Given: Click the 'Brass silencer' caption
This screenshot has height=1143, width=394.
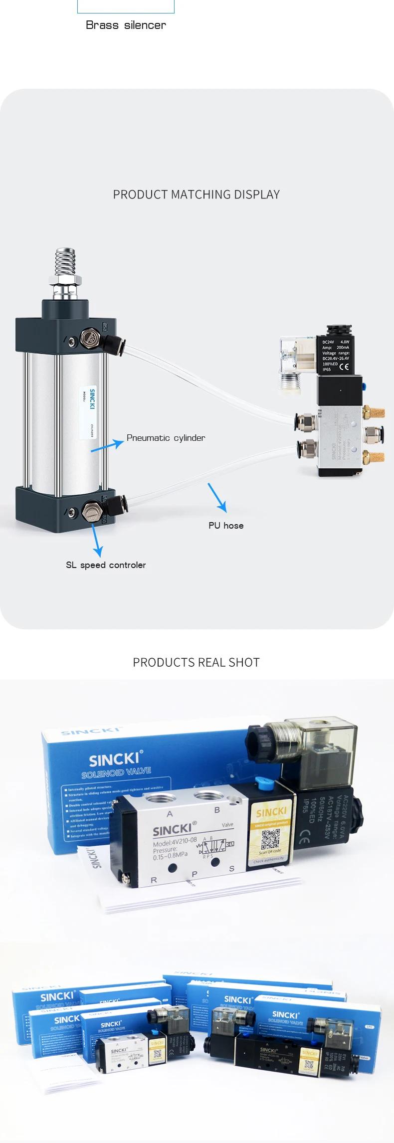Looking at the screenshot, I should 126,25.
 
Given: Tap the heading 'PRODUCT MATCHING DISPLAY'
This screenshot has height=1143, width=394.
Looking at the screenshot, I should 197,194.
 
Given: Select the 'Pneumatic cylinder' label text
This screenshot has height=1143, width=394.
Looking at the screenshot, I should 166,438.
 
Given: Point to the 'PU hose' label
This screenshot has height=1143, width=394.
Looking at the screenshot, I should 226,526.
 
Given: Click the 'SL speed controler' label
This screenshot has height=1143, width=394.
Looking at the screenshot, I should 106,565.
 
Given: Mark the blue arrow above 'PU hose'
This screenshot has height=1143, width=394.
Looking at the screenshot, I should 217,497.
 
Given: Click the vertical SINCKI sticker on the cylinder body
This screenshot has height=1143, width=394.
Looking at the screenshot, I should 88,412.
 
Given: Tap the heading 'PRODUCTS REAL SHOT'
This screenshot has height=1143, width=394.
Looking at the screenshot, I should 197,662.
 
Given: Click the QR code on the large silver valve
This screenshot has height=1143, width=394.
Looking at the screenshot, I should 271,839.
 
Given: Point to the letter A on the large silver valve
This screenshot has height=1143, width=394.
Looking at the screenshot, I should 170,814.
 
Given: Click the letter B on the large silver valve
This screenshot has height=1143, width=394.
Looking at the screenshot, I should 217,810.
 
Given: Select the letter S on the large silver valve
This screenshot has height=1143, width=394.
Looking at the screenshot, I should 231,869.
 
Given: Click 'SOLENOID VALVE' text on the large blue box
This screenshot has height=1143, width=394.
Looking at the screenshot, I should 116,772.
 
